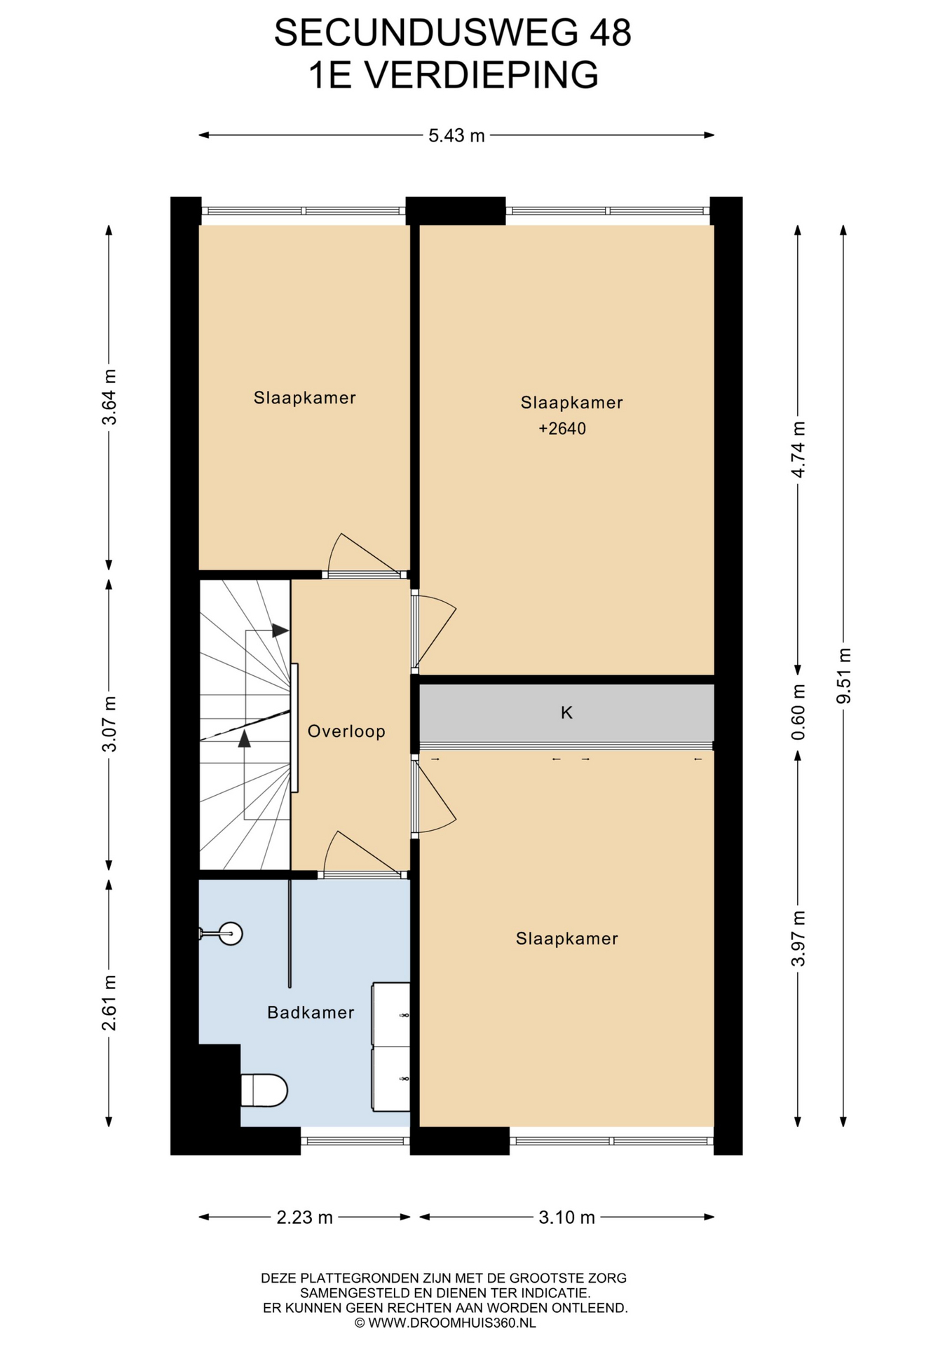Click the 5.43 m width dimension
(x=456, y=135)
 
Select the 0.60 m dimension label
(x=798, y=712)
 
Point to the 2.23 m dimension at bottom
(x=304, y=1217)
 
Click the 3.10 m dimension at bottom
(x=566, y=1217)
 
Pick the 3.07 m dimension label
(x=109, y=724)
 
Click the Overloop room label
(x=346, y=731)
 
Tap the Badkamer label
(x=311, y=1012)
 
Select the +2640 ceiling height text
(x=562, y=429)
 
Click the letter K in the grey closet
(x=566, y=712)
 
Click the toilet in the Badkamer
(x=264, y=1090)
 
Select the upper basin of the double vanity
(x=390, y=1015)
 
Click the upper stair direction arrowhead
(x=280, y=630)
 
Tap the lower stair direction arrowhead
(x=245, y=738)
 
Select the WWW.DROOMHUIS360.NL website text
(x=452, y=1323)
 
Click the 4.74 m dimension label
(x=798, y=449)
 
